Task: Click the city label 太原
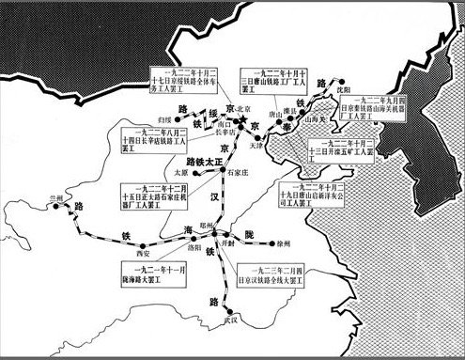(183, 173)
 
